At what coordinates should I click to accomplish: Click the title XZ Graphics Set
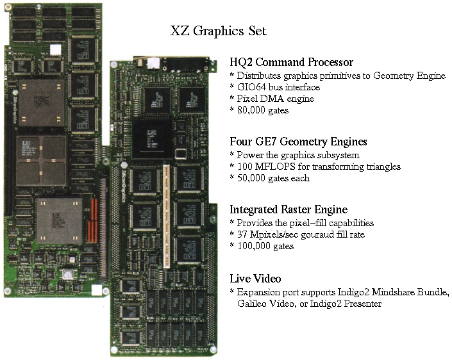[x=218, y=31]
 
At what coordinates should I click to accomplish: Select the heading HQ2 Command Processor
[x=292, y=62]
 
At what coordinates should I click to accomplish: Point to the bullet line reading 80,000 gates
[x=259, y=110]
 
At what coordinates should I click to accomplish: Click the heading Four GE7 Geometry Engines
[x=298, y=142]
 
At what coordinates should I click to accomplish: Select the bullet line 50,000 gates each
[x=269, y=178]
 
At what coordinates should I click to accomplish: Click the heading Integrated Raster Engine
[x=289, y=209]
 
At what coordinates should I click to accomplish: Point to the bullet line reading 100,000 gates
[x=262, y=246]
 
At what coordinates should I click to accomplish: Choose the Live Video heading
[x=255, y=279]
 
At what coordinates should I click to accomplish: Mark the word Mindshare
[x=393, y=292]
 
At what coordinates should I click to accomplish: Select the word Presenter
[x=363, y=304]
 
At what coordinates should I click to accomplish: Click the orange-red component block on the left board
[x=94, y=220]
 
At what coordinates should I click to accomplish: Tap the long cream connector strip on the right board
[x=167, y=217]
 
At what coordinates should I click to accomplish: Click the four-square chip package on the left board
[x=41, y=161]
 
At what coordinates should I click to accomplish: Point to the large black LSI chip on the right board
[x=151, y=140]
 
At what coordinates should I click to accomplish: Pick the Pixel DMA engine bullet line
[x=272, y=99]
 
